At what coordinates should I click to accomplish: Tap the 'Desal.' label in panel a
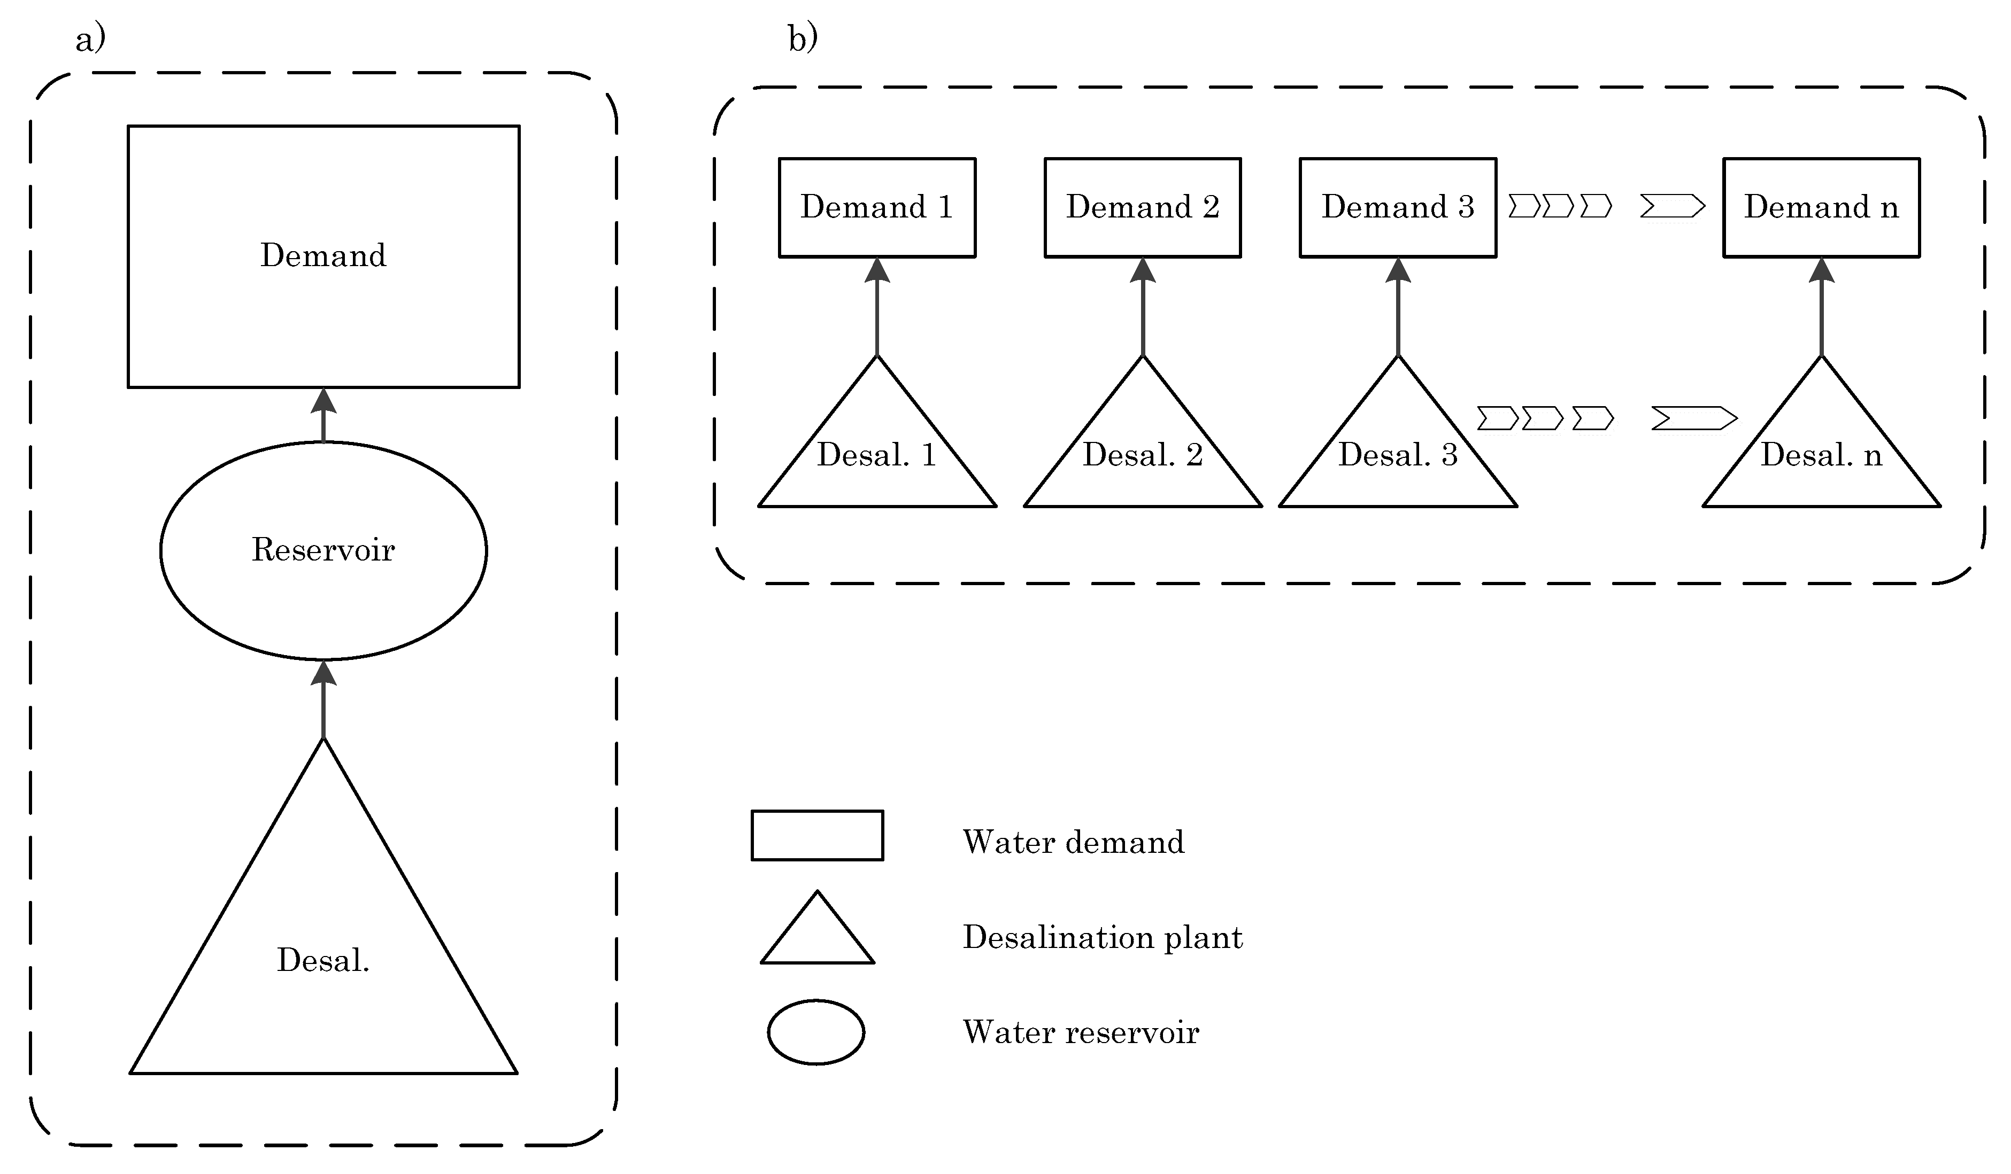(x=323, y=961)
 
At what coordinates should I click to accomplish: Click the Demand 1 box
(x=877, y=207)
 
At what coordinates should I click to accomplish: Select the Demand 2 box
(x=1143, y=207)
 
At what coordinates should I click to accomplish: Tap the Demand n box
(x=1821, y=207)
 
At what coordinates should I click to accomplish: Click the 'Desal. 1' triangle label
(x=876, y=455)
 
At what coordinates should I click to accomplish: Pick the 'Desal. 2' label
(x=1143, y=455)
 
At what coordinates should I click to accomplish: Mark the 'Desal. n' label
(x=1821, y=455)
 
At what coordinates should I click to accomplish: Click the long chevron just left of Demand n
(x=1672, y=207)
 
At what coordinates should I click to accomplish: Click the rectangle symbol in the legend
(x=817, y=836)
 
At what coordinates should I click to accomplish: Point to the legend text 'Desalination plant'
(x=1102, y=938)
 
